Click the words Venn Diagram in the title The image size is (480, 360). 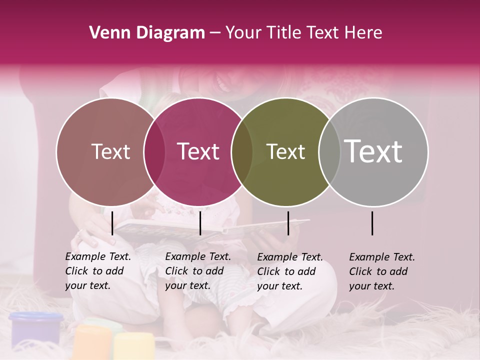tap(147, 33)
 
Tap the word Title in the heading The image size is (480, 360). tap(284, 33)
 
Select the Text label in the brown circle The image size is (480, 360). tap(110, 151)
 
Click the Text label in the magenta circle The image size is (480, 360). tap(198, 151)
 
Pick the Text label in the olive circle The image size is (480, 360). tap(285, 151)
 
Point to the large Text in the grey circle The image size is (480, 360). tap(373, 151)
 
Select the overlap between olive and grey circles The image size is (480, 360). tap(329, 151)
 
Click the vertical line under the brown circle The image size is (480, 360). tap(112, 223)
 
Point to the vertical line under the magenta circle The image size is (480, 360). tap(200, 223)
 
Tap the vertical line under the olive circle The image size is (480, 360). tap(288, 223)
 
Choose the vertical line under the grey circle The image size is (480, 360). tap(372, 223)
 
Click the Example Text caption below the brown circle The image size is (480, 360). tap(97, 271)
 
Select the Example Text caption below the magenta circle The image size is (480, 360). tap(197, 271)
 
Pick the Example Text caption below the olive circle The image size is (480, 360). tap(289, 271)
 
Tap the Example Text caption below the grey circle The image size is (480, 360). tap(381, 271)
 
